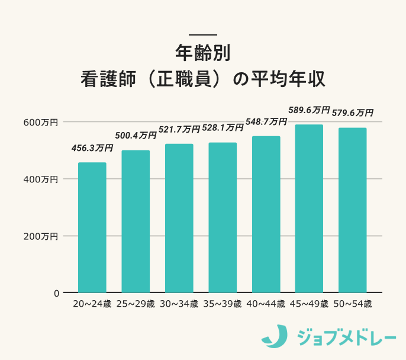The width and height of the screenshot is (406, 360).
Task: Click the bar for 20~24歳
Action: [92, 227]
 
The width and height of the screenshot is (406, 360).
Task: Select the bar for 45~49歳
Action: [309, 208]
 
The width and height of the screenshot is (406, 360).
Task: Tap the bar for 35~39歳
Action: [223, 217]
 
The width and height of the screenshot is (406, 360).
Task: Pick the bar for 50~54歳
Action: [353, 210]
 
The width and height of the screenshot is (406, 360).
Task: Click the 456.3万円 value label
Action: [92, 148]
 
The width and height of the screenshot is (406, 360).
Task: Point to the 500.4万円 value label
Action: [136, 136]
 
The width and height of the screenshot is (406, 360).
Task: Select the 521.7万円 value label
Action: [179, 129]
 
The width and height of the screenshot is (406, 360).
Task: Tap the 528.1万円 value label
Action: [223, 127]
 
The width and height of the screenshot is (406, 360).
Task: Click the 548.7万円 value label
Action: [266, 121]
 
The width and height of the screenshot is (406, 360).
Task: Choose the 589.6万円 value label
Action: [309, 110]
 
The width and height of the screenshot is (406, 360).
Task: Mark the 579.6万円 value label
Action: [353, 112]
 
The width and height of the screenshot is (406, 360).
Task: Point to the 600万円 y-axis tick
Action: [41, 122]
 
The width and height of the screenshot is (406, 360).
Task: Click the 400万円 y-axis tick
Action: [41, 179]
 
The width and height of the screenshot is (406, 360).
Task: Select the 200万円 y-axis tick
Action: [41, 236]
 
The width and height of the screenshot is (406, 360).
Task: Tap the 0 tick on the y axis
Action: [56, 293]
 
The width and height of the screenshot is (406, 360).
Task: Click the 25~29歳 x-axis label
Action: [136, 304]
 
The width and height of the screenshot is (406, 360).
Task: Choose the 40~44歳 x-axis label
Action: [266, 304]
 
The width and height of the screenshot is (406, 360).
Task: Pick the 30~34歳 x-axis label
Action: [179, 304]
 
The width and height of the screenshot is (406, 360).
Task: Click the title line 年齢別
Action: [202, 53]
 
